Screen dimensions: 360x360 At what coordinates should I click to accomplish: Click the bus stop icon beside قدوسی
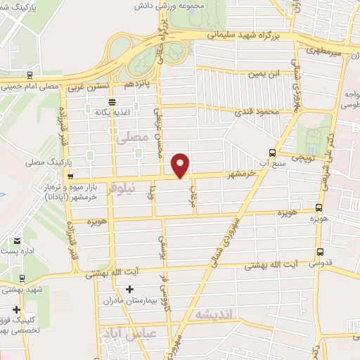[321, 252]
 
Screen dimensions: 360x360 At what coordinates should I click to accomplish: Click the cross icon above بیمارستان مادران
[129, 289]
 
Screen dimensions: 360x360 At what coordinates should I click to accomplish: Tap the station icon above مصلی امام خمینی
[29, 75]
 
